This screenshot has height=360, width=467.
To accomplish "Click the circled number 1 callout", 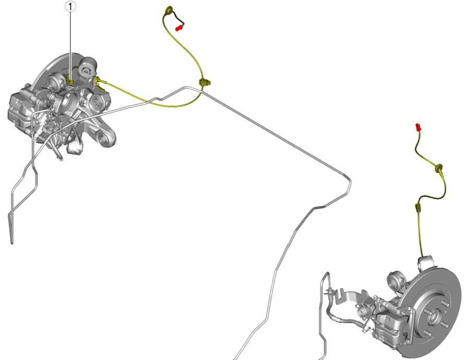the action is click(x=70, y=6).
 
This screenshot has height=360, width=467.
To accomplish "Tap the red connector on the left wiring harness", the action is click(x=178, y=28).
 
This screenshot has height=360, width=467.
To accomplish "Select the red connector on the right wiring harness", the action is click(x=418, y=127).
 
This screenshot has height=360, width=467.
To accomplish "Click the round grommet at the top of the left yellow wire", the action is click(x=169, y=10).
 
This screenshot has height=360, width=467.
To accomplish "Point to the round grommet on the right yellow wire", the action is click(x=439, y=168).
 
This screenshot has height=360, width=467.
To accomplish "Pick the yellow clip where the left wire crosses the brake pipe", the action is click(x=205, y=82).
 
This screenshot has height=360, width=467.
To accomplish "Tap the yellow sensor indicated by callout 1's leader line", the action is click(x=71, y=81).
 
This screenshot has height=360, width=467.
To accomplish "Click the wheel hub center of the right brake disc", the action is click(x=434, y=317).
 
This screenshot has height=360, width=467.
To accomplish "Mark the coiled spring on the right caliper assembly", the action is click(x=363, y=313).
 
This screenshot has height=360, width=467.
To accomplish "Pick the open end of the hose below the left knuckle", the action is click(x=61, y=159).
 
